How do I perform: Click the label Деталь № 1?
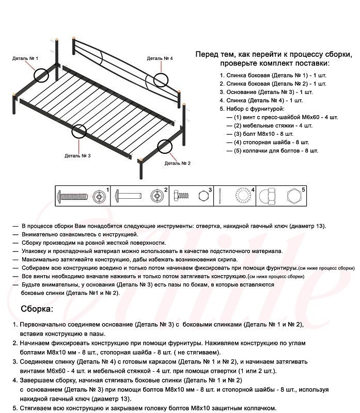pos(25,58)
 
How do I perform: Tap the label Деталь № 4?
pos(160,58)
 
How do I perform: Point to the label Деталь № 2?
pos(178,163)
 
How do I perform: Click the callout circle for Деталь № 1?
pos(41,75)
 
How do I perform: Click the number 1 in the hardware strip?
pos(107,190)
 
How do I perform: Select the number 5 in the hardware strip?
pos(303,190)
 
